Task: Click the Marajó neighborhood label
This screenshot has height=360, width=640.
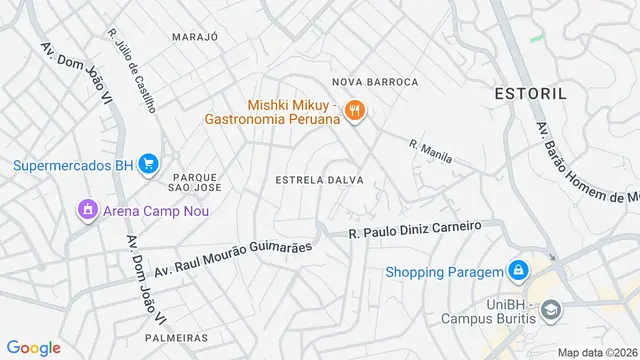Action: [x=194, y=36]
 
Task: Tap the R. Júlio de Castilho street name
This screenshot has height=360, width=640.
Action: [x=132, y=70]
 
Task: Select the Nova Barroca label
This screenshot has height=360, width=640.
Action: [x=374, y=81]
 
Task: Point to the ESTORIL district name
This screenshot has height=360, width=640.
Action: [x=530, y=93]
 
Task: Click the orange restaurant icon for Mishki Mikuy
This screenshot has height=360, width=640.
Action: [x=354, y=110]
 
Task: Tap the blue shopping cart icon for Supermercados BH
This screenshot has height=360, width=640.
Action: [x=148, y=163]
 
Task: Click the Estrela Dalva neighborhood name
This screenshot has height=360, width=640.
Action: [x=318, y=180]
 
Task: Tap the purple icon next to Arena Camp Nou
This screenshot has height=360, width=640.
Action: [x=87, y=210]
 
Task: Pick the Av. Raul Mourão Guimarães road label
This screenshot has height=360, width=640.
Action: [x=233, y=255]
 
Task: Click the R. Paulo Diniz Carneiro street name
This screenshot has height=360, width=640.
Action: [x=415, y=229]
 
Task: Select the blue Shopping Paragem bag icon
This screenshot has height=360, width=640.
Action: [x=518, y=271]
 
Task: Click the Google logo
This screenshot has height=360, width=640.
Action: [x=33, y=348]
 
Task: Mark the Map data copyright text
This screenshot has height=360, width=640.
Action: [x=597, y=352]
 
